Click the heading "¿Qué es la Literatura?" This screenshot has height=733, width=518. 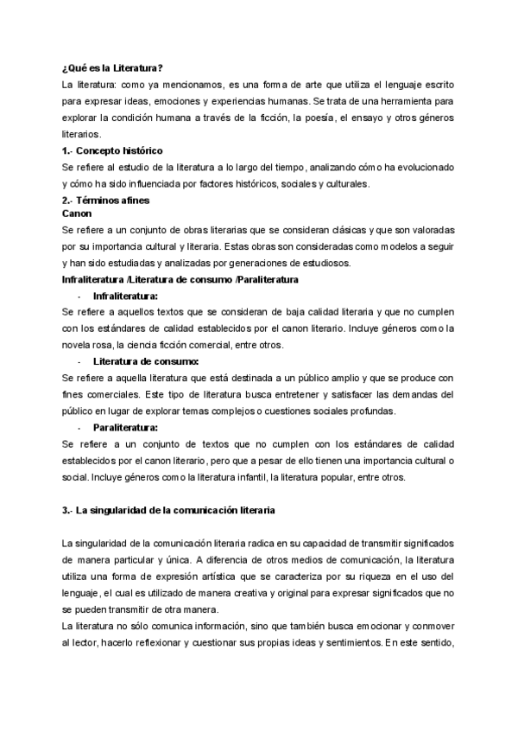tap(113, 68)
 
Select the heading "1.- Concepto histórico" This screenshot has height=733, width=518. tap(112, 150)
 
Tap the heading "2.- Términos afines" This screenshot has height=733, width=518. tap(106, 201)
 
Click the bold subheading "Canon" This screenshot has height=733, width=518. tap(78, 213)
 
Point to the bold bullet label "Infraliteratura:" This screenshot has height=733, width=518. tap(132, 296)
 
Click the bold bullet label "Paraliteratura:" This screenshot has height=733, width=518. tap(126, 427)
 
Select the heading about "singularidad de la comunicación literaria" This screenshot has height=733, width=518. tap(168, 510)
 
